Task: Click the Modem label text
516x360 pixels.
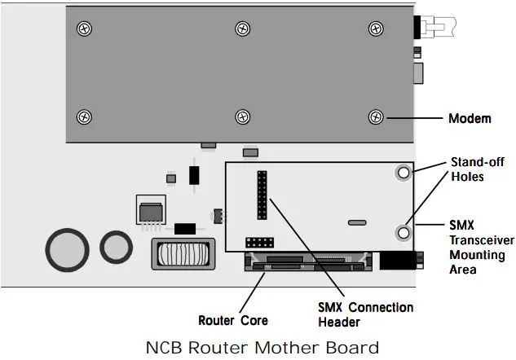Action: coord(470,119)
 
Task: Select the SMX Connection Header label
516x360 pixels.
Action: coord(365,314)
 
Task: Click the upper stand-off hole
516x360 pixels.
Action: coord(403,173)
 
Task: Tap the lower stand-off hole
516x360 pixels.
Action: coord(403,233)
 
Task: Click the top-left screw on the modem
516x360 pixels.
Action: coord(82,29)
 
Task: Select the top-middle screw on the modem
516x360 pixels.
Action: coord(241,29)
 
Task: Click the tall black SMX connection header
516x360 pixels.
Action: coord(262,195)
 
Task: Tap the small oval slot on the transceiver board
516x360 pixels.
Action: coord(358,222)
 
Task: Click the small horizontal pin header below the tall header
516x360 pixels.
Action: coord(260,242)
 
